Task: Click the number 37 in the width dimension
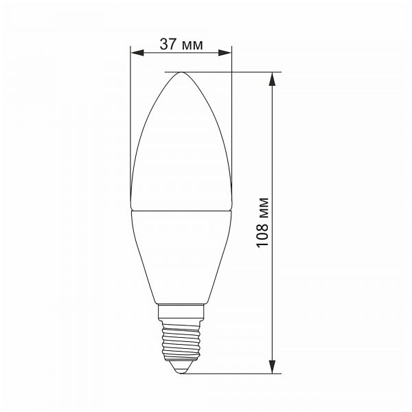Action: [x=168, y=44]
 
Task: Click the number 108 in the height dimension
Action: [x=262, y=234]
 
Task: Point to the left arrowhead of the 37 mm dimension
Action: [x=137, y=53]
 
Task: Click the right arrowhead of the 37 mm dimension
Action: [x=225, y=53]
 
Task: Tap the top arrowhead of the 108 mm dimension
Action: [x=273, y=79]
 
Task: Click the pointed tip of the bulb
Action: [x=181, y=72]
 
